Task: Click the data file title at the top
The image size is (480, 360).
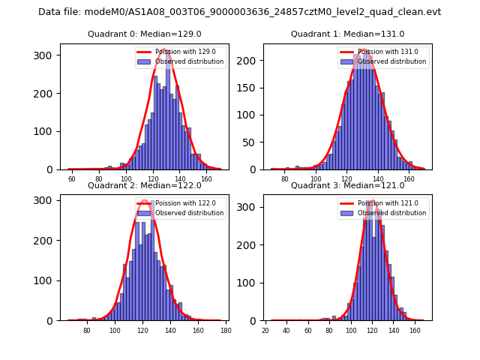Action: tap(240, 12)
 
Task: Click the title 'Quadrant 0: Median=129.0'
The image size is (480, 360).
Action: tap(144, 34)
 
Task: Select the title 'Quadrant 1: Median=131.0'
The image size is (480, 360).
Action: tap(347, 34)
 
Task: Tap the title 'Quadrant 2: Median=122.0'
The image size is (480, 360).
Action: tap(144, 185)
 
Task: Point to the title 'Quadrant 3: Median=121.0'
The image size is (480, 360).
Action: tap(347, 185)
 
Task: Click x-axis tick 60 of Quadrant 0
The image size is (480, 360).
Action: tap(72, 180)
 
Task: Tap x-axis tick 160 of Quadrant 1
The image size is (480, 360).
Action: tap(409, 180)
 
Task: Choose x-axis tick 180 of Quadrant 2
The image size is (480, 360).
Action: tap(225, 331)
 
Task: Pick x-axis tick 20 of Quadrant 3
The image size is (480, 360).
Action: tap(265, 331)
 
